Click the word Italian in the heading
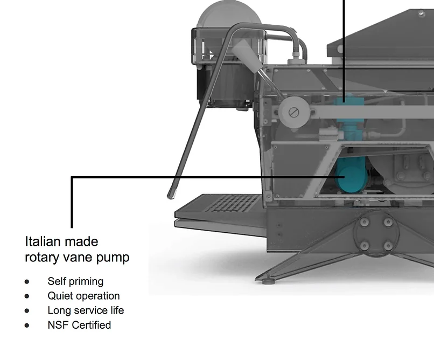tap(43, 241)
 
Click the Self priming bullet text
tap(75, 281)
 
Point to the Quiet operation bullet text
tap(83, 296)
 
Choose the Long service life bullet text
tap(86, 310)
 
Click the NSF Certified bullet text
tap(79, 325)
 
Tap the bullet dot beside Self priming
tap(27, 281)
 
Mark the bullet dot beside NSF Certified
tap(27, 325)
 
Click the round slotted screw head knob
tap(293, 113)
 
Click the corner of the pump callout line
tap(72, 177)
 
